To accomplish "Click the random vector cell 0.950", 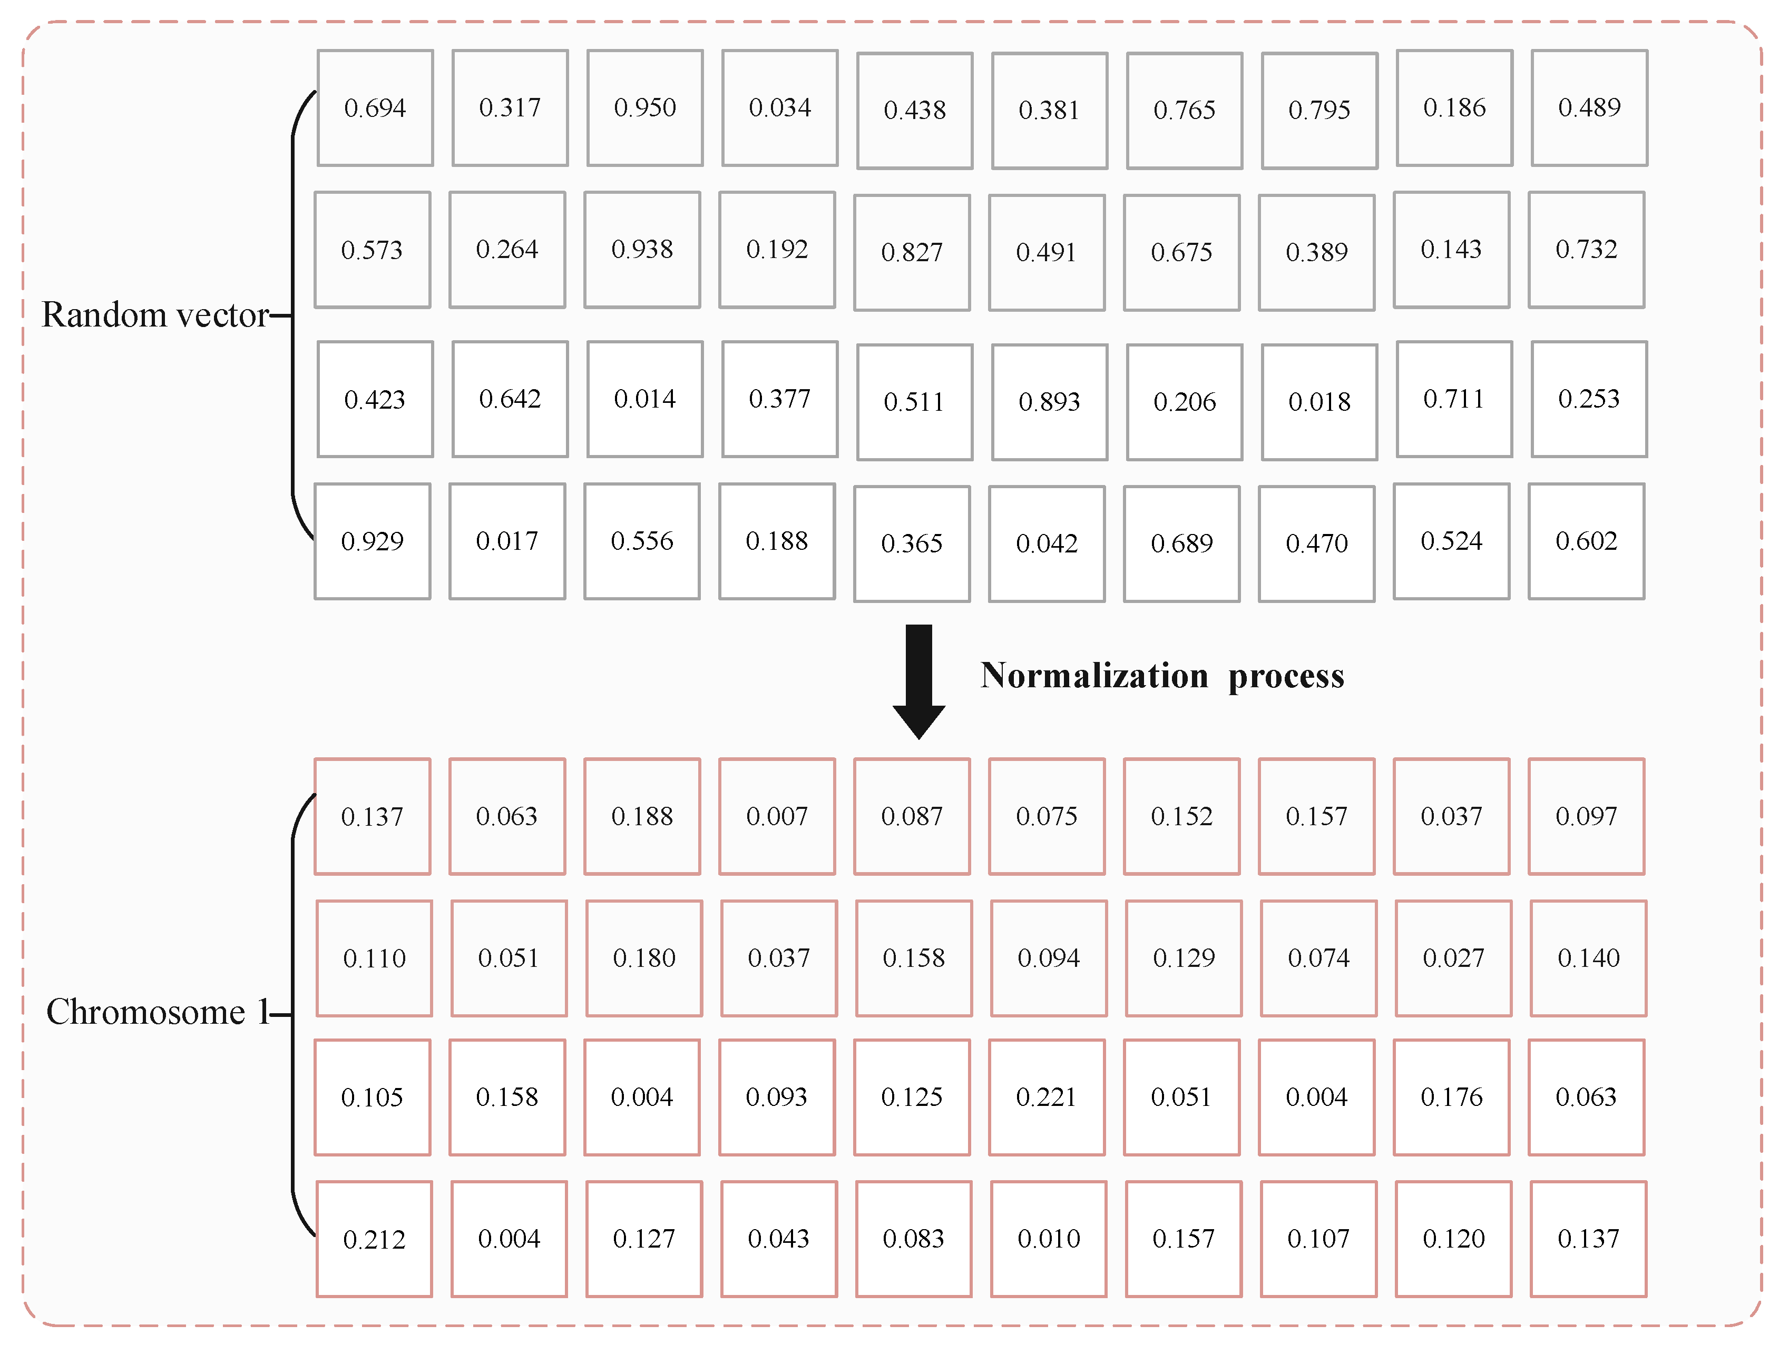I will (645, 108).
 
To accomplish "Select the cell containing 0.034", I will (780, 108).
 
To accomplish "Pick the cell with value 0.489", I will (1589, 108).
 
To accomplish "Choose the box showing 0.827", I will (912, 252).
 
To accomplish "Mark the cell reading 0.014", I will (645, 399).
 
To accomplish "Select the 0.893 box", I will (1050, 402).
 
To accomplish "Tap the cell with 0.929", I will (373, 541).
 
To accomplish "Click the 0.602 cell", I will (1587, 541).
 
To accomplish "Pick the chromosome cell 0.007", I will (777, 816).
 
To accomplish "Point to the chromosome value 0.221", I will (1047, 1096).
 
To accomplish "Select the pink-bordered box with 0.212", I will (375, 1239).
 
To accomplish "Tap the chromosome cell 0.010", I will (1049, 1239).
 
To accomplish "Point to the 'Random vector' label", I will (155, 315).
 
